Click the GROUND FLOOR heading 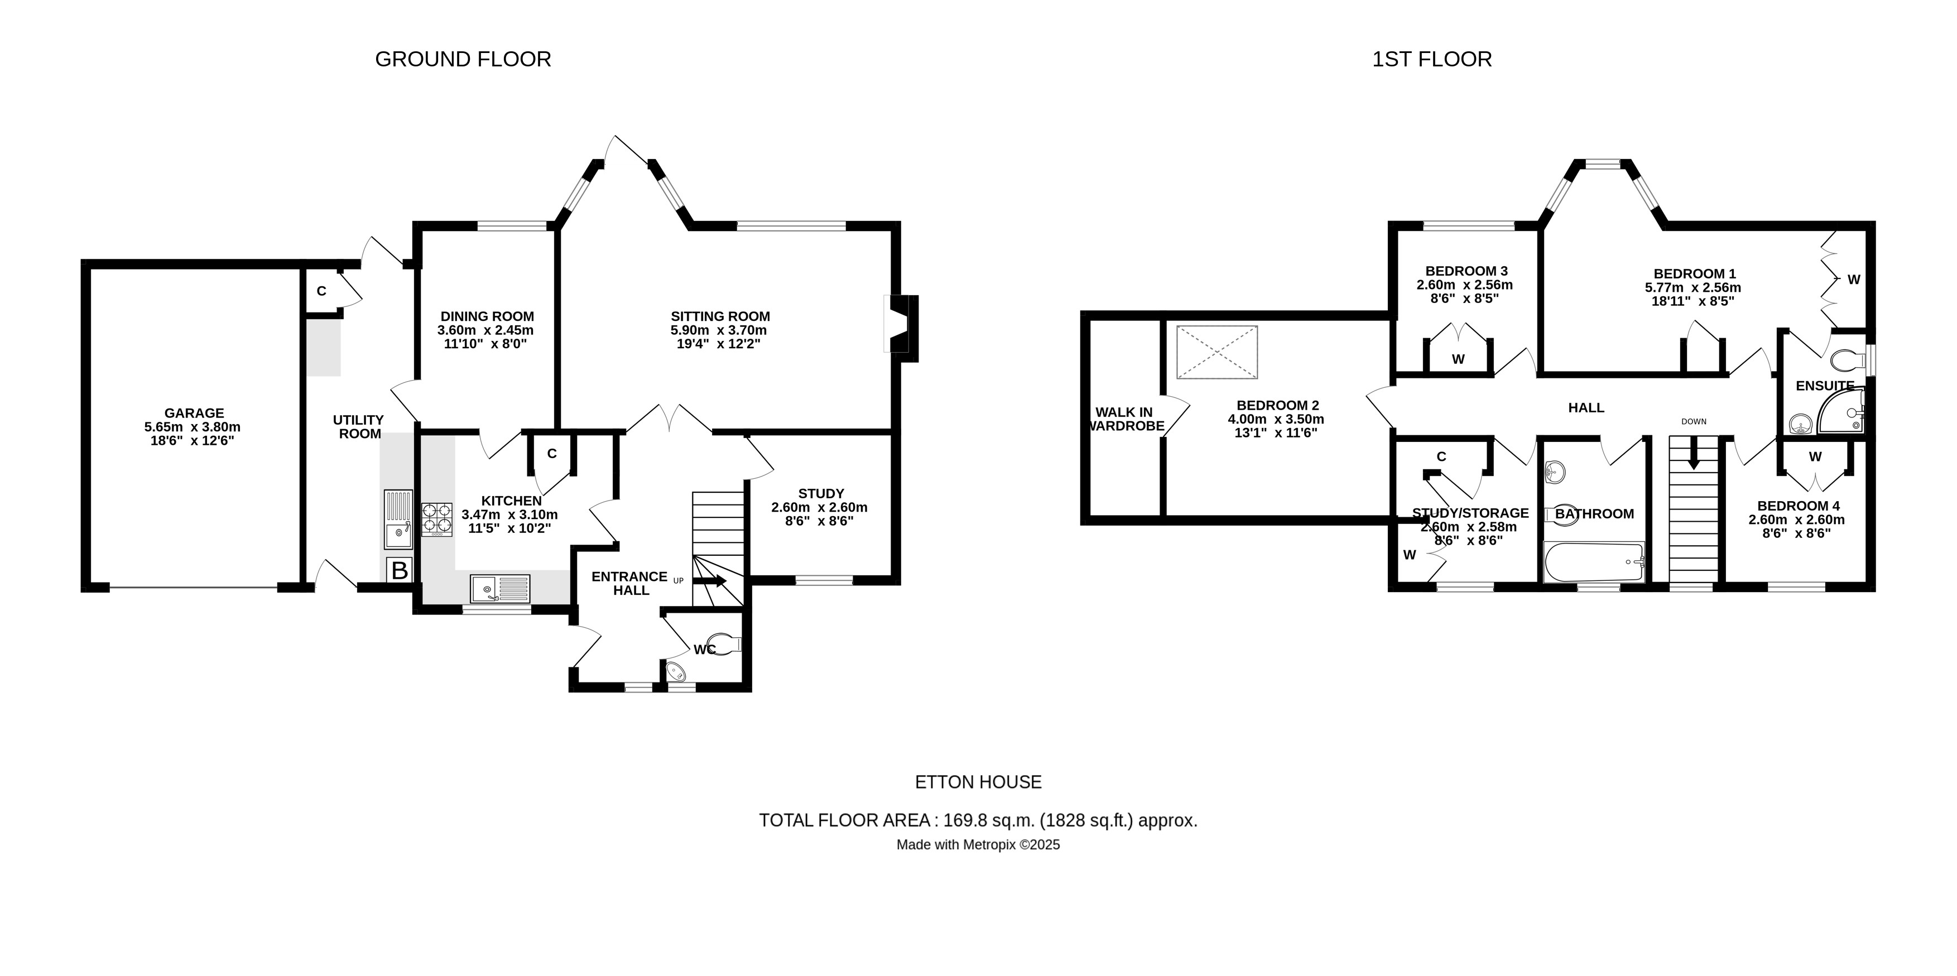tap(463, 59)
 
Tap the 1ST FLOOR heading tap(1431, 59)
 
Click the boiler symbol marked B tap(400, 570)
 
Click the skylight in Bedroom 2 tap(1217, 352)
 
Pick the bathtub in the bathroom tap(1594, 562)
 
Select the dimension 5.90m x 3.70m tap(718, 330)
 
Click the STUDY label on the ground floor tap(820, 494)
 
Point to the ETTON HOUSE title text tap(978, 782)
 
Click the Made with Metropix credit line tap(978, 845)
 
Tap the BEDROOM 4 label tap(1797, 506)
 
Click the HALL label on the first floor tap(1586, 408)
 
